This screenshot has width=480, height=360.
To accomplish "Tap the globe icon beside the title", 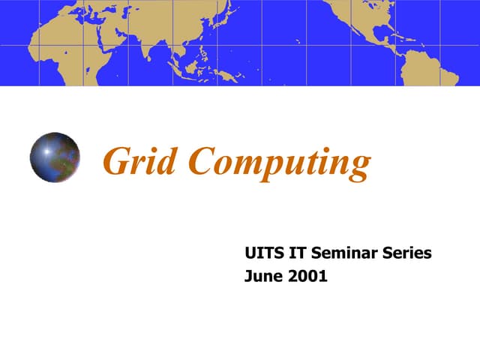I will click(x=55, y=157).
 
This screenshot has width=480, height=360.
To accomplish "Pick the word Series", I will click(x=411, y=253).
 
